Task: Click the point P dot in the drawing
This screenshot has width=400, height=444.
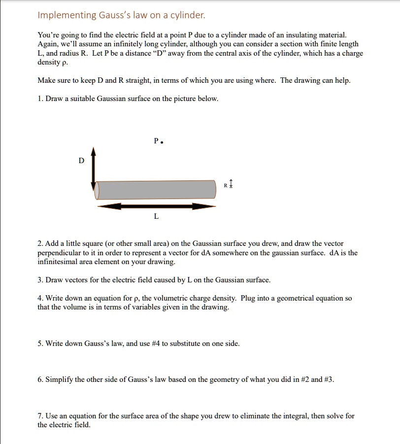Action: pos(162,141)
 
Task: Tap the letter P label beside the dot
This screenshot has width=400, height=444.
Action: pos(156,141)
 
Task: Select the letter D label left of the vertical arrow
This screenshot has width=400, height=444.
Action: pos(82,161)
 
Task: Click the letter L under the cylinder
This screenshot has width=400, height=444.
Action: pos(156,216)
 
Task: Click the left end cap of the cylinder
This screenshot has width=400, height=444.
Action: pos(97,190)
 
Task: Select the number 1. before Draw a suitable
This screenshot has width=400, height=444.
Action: pos(40,99)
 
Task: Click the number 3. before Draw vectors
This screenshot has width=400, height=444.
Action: pos(40,280)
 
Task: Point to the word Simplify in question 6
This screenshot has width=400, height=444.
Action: pos(59,379)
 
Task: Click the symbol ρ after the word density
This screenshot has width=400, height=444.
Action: pos(62,63)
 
